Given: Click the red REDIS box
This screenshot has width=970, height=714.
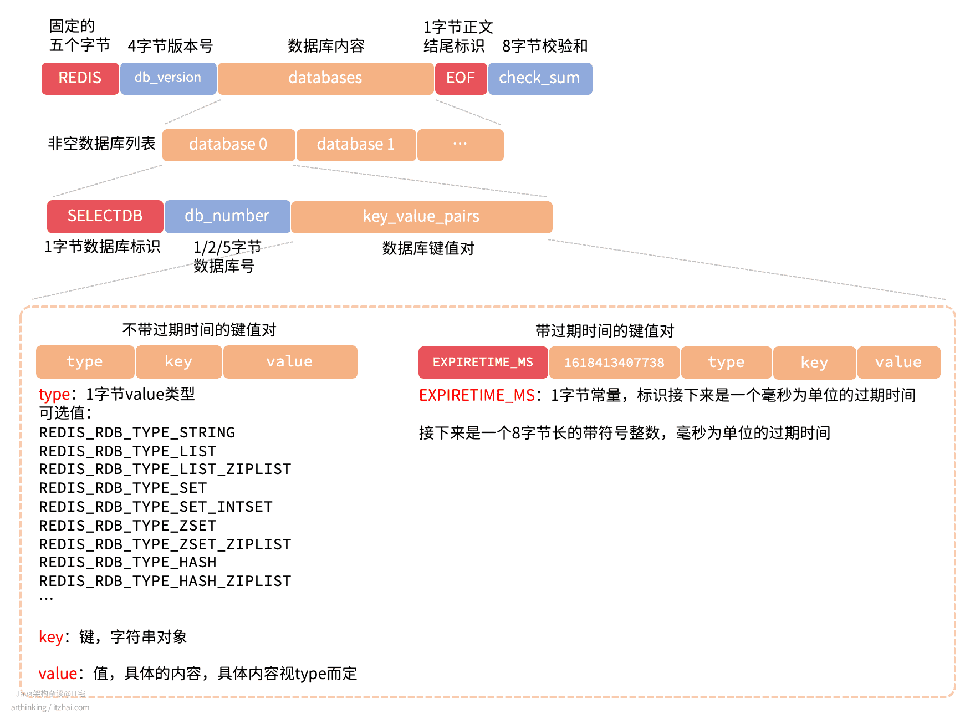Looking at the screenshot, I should (x=80, y=78).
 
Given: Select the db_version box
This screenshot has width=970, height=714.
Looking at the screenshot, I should (x=168, y=78).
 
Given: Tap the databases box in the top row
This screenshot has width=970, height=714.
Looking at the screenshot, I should (x=325, y=78).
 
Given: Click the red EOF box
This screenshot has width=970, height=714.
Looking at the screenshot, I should (x=461, y=78).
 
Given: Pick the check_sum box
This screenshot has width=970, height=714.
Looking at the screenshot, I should (x=540, y=78).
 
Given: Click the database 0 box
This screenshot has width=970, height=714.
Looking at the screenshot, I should (x=228, y=145).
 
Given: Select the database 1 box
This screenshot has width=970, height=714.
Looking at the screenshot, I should (x=356, y=145).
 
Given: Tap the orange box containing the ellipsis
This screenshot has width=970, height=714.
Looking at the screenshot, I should (x=460, y=145).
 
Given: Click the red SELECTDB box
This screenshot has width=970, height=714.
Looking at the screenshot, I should (x=105, y=216).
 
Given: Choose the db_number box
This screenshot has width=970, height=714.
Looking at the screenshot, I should (x=227, y=216).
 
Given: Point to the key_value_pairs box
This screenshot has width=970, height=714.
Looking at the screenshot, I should (x=421, y=217).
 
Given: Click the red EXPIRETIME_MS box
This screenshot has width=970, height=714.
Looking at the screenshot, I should (x=483, y=363).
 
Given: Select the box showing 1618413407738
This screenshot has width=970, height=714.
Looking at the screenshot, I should (x=614, y=363).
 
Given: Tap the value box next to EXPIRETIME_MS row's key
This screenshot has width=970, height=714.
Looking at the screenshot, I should (x=898, y=363).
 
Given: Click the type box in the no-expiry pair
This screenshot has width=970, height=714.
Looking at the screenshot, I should (x=85, y=361).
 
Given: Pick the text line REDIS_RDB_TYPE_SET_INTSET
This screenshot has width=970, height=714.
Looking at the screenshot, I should (x=156, y=507).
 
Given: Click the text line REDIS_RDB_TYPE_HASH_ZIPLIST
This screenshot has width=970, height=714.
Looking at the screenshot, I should (x=165, y=581).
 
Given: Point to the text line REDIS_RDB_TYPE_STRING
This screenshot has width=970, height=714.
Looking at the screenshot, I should (x=137, y=432).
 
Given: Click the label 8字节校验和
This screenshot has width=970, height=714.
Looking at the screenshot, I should (x=545, y=46).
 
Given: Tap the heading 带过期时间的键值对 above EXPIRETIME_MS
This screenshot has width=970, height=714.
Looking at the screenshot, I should (x=605, y=331).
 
